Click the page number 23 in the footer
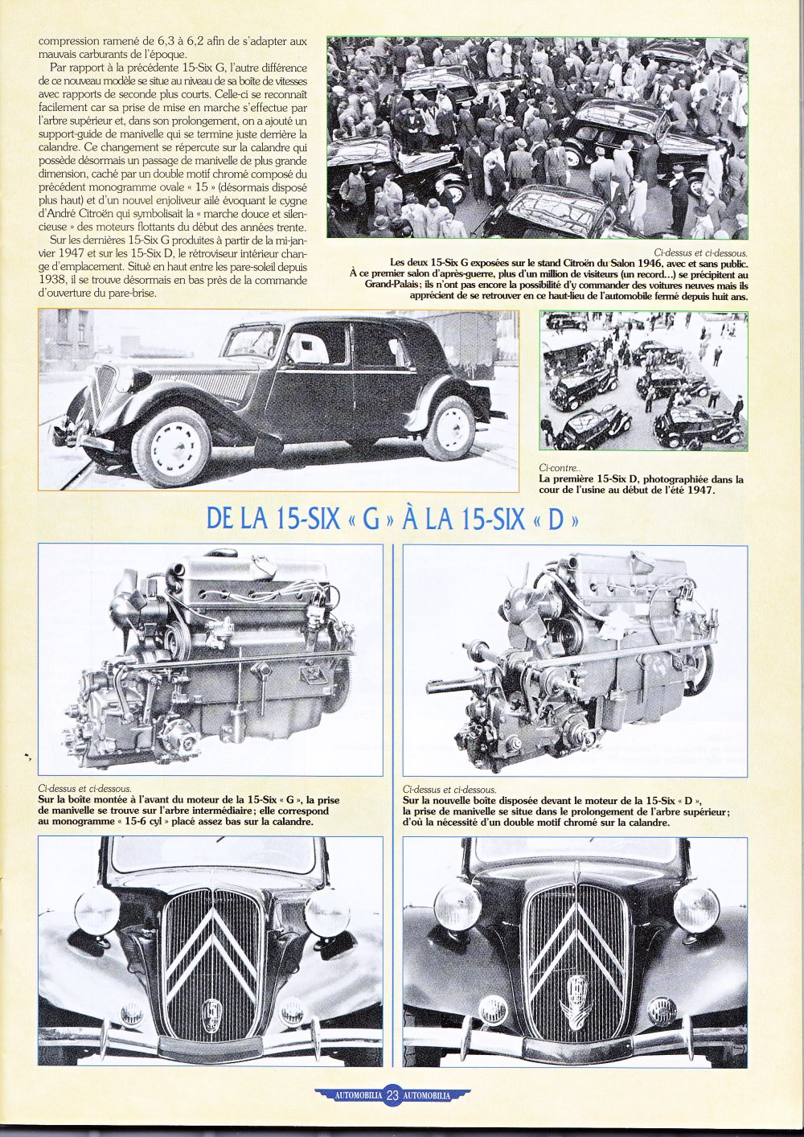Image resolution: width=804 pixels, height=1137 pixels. [x=393, y=1095]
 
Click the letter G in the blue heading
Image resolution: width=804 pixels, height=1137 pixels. [x=371, y=519]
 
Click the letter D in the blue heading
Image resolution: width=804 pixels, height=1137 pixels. [x=554, y=519]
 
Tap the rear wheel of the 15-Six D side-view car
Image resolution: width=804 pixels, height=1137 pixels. [x=449, y=428]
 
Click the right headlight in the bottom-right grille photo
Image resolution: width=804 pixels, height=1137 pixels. [x=696, y=906]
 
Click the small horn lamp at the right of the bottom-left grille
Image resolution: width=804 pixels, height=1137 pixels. [x=293, y=1009]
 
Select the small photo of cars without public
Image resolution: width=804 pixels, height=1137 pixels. [x=643, y=380]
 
